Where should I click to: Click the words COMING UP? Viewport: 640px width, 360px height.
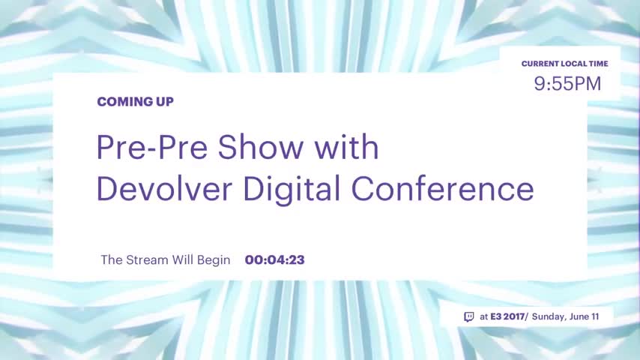[x=135, y=102]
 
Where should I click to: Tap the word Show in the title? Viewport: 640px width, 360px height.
[x=261, y=147]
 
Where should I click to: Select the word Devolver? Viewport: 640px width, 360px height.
[x=164, y=188]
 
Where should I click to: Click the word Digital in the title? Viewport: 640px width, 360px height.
[x=292, y=190]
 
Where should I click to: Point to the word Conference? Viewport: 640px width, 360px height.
[x=442, y=188]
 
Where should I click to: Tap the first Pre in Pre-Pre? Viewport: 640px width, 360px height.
[x=121, y=147]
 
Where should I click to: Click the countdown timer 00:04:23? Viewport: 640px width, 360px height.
[x=275, y=260]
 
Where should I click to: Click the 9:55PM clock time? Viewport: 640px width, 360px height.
[x=567, y=84]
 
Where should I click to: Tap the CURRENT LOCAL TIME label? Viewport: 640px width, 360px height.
[x=564, y=64]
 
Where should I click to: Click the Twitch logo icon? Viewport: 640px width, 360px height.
[x=469, y=317]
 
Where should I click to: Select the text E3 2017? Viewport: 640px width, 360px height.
[x=507, y=316]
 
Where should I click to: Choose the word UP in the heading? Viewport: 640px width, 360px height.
[x=165, y=102]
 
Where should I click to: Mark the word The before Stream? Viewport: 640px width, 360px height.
[x=112, y=260]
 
